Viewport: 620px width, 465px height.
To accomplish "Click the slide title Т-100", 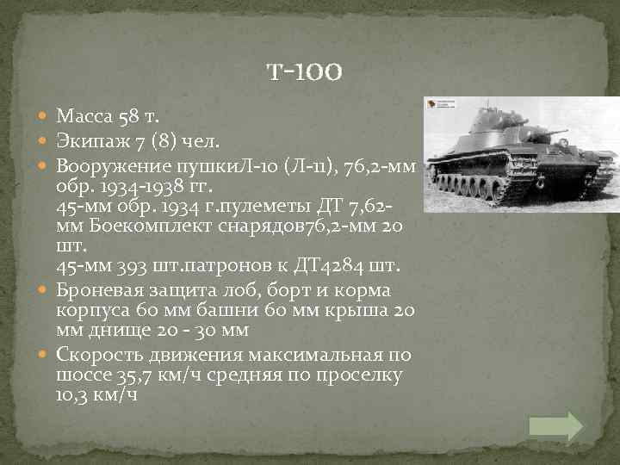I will [306, 72].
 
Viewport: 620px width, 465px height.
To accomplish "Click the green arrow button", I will [555, 426].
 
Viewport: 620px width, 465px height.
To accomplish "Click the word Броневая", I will [96, 289].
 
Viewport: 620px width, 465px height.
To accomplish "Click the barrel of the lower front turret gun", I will [559, 134].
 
